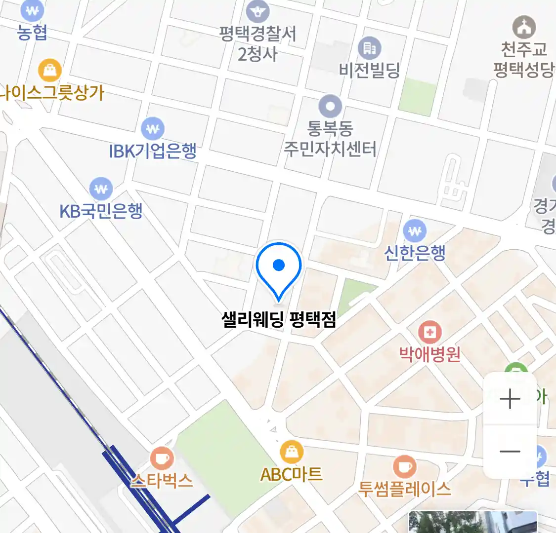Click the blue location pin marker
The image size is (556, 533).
click(x=279, y=268)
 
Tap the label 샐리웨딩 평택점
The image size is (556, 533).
click(x=279, y=319)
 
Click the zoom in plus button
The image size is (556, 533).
click(x=510, y=399)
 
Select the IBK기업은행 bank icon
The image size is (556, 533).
click(x=153, y=129)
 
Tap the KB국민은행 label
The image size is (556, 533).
click(x=101, y=211)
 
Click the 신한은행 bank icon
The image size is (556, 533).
click(x=415, y=230)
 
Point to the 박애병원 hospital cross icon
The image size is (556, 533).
click(x=429, y=332)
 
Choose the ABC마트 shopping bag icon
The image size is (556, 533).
click(x=292, y=451)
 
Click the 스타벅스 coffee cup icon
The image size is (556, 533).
click(x=161, y=458)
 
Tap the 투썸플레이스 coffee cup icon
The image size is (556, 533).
click(x=404, y=466)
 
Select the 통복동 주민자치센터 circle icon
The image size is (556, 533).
click(x=330, y=107)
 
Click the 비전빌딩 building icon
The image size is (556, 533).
click(x=369, y=48)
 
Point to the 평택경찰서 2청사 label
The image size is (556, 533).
click(x=257, y=43)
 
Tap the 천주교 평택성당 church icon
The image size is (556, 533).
click(x=523, y=27)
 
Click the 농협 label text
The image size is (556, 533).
click(x=32, y=32)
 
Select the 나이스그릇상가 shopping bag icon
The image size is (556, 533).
click(x=49, y=71)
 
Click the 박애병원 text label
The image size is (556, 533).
click(x=429, y=354)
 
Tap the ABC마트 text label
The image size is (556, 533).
click(x=292, y=474)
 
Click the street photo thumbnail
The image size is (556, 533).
click(x=472, y=522)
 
